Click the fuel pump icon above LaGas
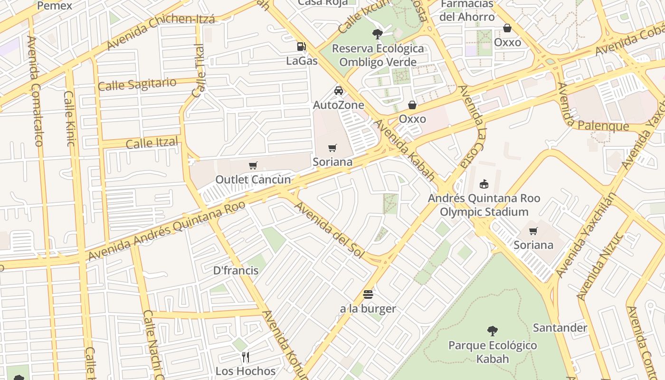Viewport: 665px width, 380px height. [301, 46]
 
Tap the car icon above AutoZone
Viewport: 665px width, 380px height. [339, 91]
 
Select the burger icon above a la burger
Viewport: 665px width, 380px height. [368, 294]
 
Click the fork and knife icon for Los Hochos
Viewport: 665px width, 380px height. [246, 357]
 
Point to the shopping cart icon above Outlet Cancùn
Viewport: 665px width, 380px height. [253, 165]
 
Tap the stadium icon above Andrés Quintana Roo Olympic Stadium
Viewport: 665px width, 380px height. [484, 184]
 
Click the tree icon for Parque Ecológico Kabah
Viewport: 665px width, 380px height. [493, 331]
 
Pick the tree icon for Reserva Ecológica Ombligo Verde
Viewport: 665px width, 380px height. [378, 34]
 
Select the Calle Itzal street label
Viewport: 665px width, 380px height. [152, 142]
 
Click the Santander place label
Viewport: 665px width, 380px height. [560, 328]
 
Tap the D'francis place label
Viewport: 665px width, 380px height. [236, 271]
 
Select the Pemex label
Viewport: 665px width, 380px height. [54, 6]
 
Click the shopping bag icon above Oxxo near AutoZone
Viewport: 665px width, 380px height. [412, 105]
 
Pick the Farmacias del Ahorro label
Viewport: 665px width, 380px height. [467, 10]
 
